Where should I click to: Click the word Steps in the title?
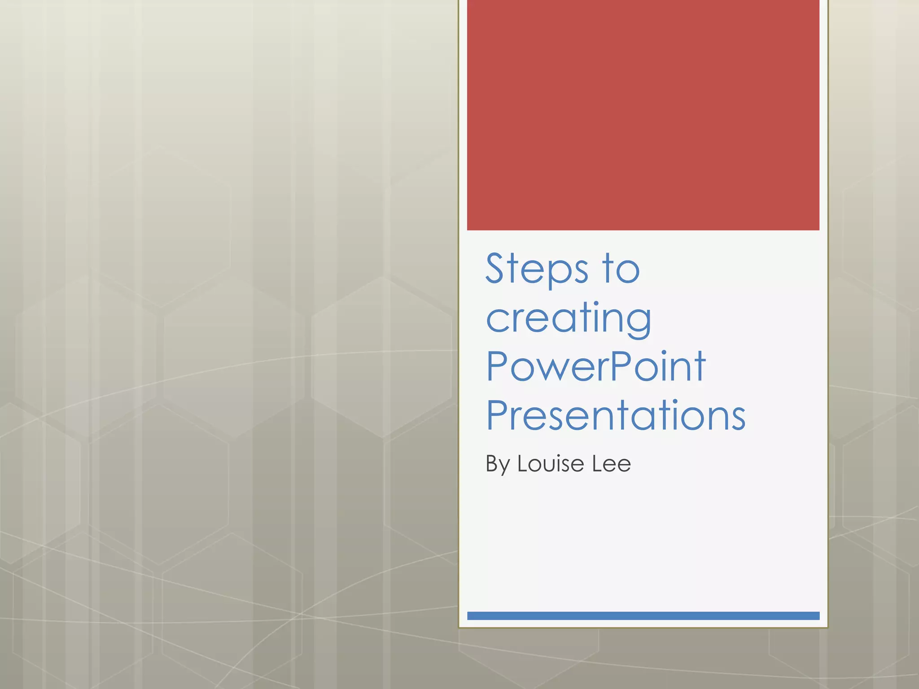[536, 269]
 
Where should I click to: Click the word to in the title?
[621, 269]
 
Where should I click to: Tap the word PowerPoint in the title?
[595, 366]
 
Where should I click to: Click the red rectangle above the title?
[643, 115]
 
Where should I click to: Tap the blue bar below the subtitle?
[643, 615]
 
